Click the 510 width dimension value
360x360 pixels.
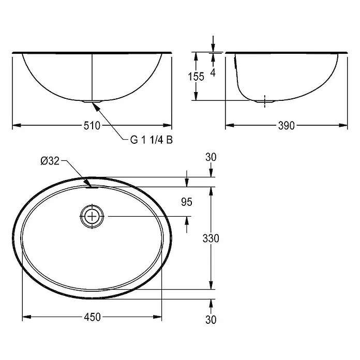coord(92,126)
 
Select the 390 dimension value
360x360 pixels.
coord(287,126)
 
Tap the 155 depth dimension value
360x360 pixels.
coord(196,77)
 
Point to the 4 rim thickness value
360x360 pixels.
coord(213,72)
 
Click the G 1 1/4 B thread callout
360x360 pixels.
coord(152,140)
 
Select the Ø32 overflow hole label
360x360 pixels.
coord(50,161)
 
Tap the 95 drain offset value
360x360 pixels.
coord(186,202)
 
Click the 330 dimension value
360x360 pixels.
coord(211,238)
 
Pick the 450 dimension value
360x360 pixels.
coord(92,317)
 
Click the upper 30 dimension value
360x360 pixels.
coord(211,157)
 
